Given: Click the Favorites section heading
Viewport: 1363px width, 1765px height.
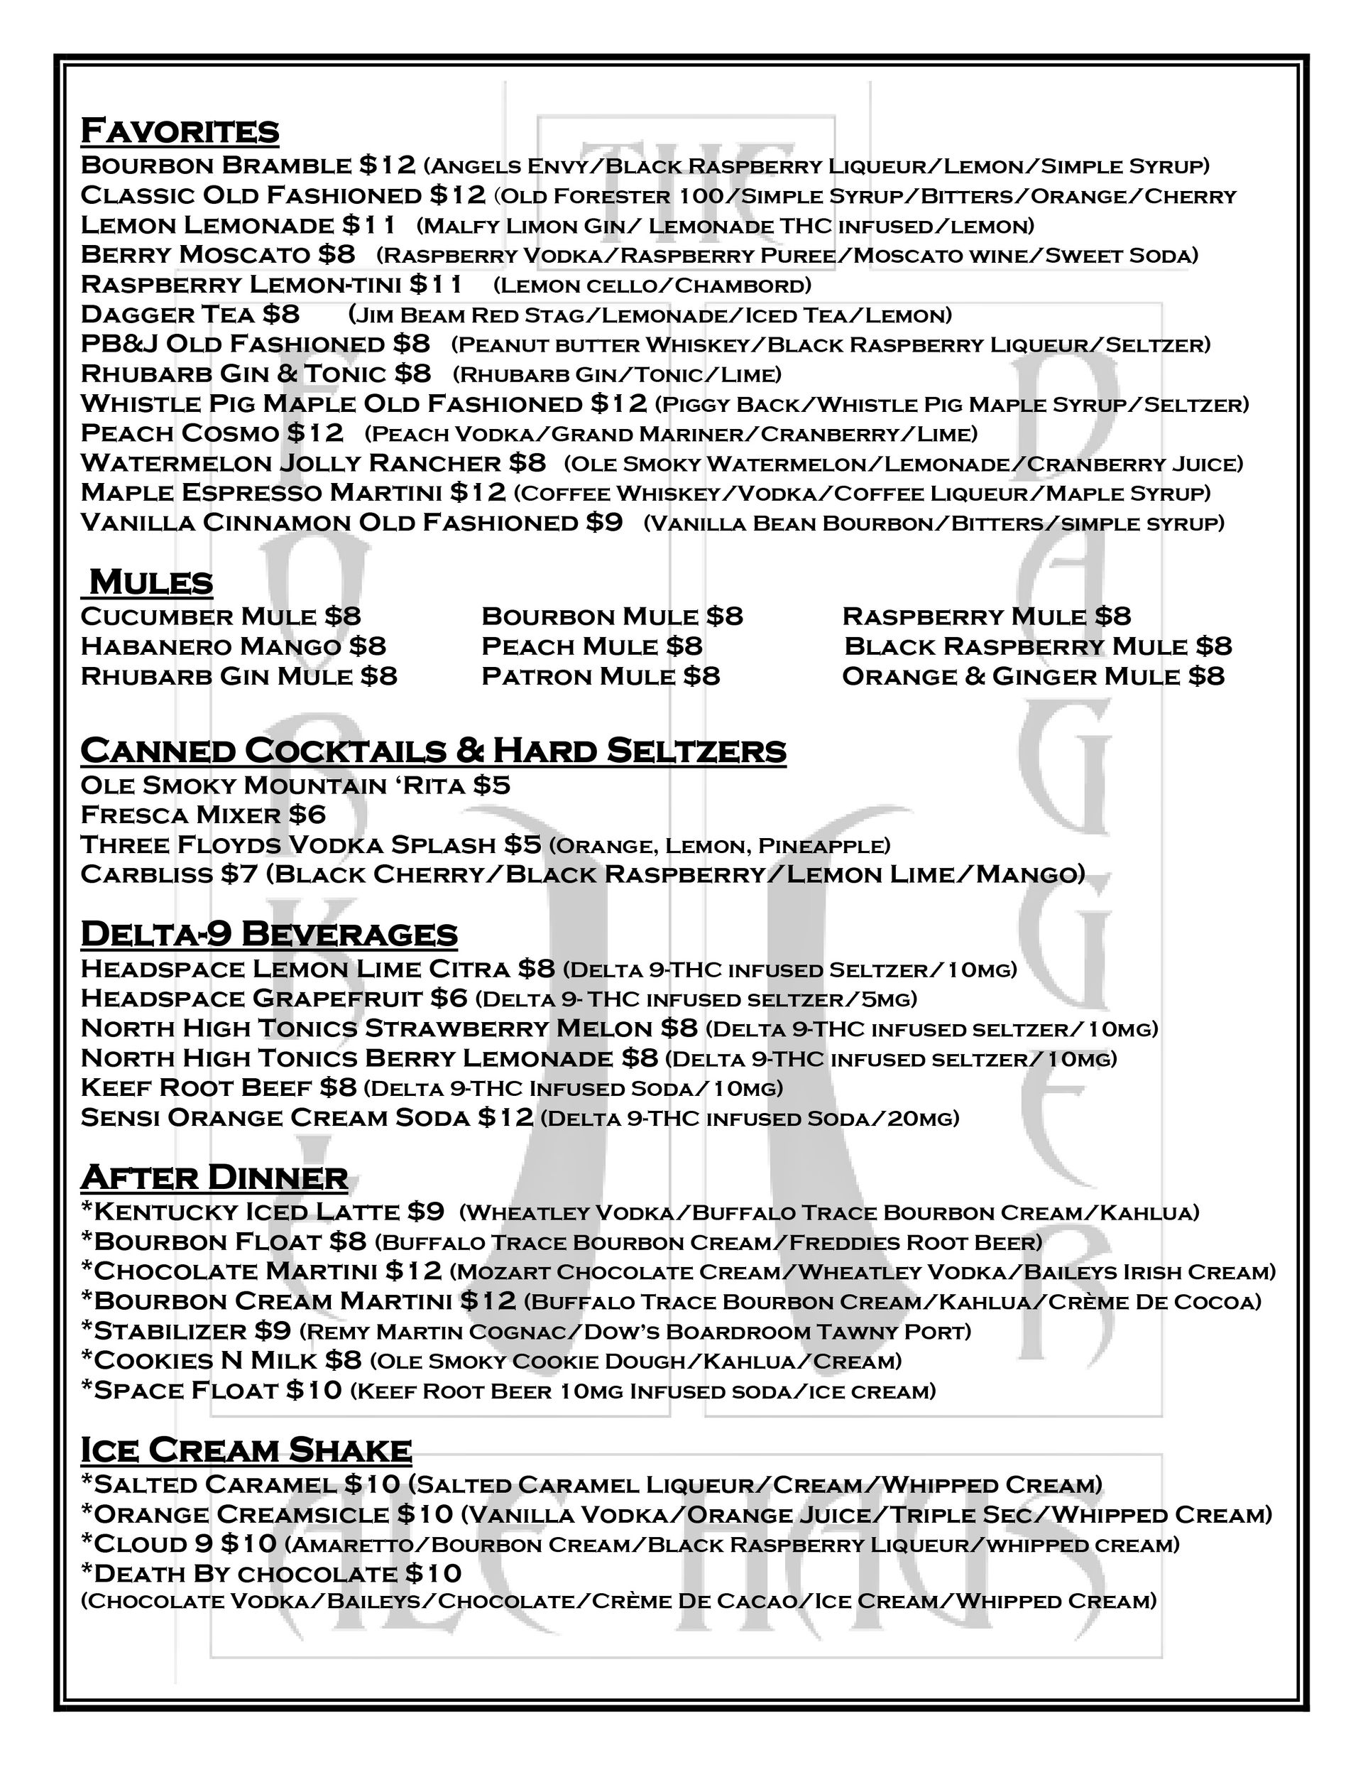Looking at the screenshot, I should click(180, 130).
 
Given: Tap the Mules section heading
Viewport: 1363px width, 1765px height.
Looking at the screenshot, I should click(150, 582).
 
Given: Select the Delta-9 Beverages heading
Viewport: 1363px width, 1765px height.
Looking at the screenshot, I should click(269, 933).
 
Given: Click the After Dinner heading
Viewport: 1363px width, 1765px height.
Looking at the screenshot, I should click(214, 1177).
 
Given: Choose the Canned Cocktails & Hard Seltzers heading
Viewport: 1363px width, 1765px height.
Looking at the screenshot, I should click(433, 750).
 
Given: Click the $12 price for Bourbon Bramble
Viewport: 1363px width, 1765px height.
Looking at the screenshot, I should click(387, 165).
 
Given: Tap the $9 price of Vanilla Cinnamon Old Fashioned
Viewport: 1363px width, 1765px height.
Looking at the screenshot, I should click(604, 522).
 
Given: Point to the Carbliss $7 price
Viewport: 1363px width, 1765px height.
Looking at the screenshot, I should click(238, 874).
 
